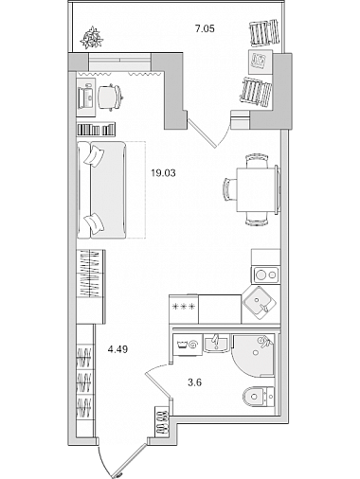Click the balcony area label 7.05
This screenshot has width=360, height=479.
coord(205,29)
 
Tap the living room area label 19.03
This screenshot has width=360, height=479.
coord(163,173)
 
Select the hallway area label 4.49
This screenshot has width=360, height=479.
coord(117,349)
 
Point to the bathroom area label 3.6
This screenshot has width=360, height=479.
coord(194,382)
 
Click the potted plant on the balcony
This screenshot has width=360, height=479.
coord(92,38)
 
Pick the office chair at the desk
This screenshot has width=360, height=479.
coord(110,98)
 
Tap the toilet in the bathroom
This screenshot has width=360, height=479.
coord(259,396)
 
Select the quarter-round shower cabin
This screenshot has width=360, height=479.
coord(253,356)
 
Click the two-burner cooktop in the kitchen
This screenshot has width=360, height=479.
coord(265,275)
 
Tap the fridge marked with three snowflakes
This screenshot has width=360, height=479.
coord(184,309)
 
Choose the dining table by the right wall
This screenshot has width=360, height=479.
coord(258,189)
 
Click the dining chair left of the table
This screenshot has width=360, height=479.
coord(230,189)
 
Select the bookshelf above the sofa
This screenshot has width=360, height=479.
coord(96,129)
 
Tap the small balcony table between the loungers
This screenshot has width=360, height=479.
coord(261,61)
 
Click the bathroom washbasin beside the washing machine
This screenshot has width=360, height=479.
coord(216,344)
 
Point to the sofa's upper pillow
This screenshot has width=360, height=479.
coord(94,155)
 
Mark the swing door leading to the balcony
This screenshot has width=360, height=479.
coord(201,133)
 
